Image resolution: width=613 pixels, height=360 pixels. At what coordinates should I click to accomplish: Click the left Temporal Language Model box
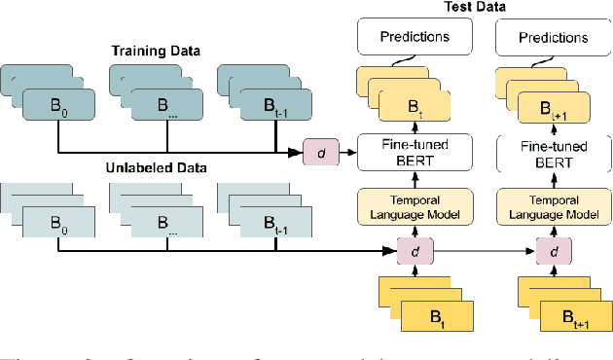415,207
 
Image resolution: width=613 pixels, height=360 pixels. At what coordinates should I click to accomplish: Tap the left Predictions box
415,39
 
